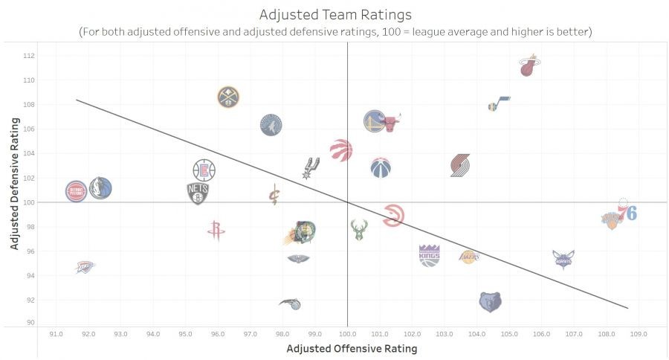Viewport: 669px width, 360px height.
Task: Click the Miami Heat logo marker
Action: pyautogui.click(x=529, y=66)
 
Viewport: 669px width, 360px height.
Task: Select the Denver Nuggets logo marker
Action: pyautogui.click(x=228, y=97)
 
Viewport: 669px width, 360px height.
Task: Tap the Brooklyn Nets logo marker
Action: pyautogui.click(x=198, y=193)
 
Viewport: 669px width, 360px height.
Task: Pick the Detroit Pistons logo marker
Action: pyautogui.click(x=76, y=191)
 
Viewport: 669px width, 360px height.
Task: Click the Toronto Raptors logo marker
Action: pyautogui.click(x=341, y=150)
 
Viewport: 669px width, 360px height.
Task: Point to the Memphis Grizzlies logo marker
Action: pyautogui.click(x=490, y=302)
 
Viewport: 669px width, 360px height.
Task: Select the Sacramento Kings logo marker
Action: pyautogui.click(x=429, y=255)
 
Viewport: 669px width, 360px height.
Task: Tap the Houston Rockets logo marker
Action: pyautogui.click(x=216, y=230)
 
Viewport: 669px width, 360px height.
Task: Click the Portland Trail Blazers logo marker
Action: pyautogui.click(x=460, y=165)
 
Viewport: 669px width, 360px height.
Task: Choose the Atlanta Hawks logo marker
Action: pyautogui.click(x=393, y=216)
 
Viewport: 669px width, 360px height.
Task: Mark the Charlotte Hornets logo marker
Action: pyautogui.click(x=563, y=259)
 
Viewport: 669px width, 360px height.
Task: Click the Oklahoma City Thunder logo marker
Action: pyautogui.click(x=85, y=266)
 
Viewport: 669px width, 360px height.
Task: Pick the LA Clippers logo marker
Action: pyautogui.click(x=204, y=170)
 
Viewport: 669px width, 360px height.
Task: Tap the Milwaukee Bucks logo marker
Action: pyautogui.click(x=359, y=230)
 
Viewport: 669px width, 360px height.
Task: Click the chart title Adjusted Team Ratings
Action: pyautogui.click(x=334, y=15)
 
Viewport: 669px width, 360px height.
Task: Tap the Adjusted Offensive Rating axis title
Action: pyautogui.click(x=352, y=349)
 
